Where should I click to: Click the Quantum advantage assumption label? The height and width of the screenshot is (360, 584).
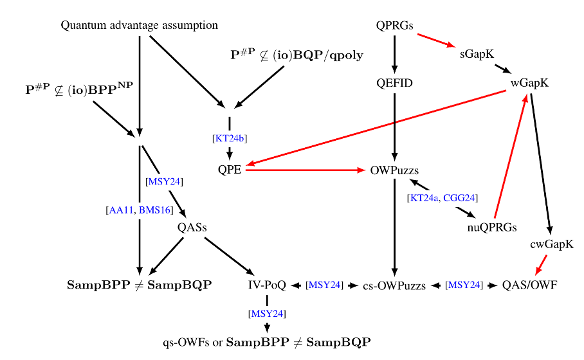[139, 26]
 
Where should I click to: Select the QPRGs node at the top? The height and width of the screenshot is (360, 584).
[394, 26]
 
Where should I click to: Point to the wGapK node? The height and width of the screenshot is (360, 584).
[530, 84]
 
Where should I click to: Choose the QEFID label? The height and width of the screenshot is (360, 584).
[395, 84]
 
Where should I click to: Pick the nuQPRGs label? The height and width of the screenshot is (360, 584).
[492, 226]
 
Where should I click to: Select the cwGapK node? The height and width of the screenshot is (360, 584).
[552, 244]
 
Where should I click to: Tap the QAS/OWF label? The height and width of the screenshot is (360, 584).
[529, 285]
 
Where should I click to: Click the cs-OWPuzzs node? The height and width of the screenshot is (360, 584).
[394, 285]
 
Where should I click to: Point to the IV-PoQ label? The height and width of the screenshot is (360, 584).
[267, 285]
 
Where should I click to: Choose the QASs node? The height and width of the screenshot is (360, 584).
[192, 226]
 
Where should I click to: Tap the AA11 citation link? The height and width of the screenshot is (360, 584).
[120, 210]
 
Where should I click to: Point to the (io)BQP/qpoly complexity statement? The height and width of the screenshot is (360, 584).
[297, 55]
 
